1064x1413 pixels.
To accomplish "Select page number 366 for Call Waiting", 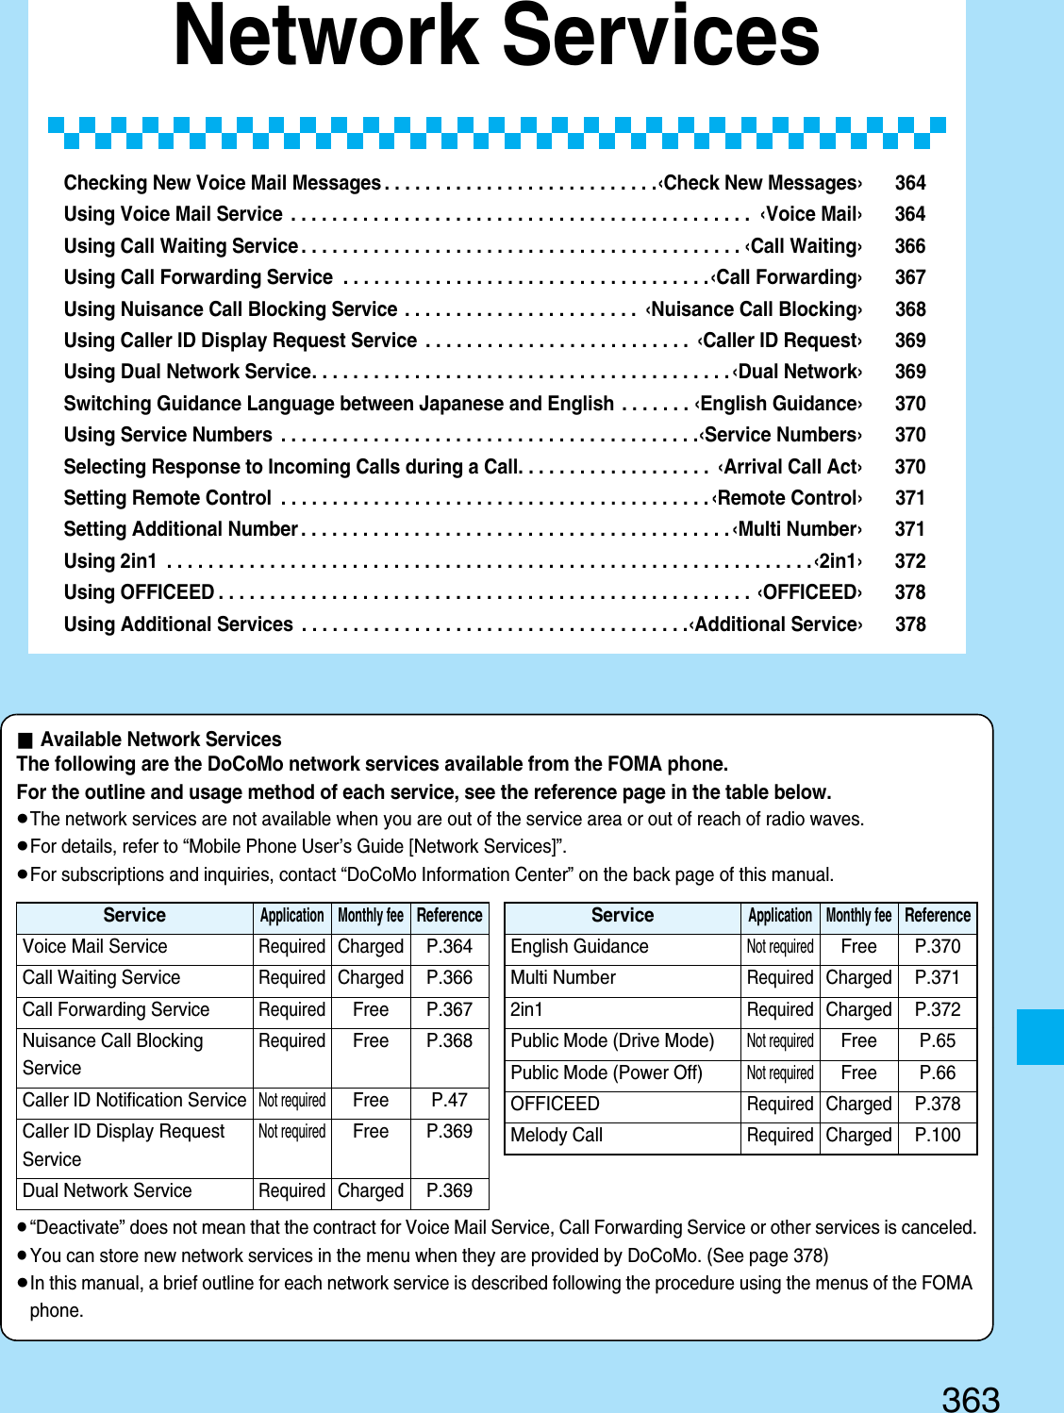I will tap(909, 246).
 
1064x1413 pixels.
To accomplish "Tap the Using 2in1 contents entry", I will tap(110, 561).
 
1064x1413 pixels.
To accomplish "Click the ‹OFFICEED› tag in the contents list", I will tap(809, 592).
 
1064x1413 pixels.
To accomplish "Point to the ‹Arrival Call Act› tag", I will tap(790, 467).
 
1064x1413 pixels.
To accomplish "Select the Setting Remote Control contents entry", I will tap(168, 498).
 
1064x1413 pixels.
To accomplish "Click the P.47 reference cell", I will tap(449, 1100).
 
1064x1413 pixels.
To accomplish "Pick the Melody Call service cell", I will tap(557, 1136).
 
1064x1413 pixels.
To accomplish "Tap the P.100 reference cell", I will tap(937, 1136).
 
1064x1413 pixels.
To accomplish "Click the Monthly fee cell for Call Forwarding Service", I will tap(371, 1009).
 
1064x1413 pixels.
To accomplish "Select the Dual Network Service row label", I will tap(108, 1191).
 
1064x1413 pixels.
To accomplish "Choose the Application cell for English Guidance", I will tap(779, 946).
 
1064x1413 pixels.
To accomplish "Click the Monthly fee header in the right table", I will tap(858, 915).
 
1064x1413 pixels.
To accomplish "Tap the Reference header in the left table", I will tap(449, 915).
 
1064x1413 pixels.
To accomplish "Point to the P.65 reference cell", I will tap(937, 1040).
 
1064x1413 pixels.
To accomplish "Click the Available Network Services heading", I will tap(160, 740).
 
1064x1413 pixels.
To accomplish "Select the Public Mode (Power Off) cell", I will tap(607, 1072).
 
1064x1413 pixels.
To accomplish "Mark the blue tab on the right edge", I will tap(1040, 1037).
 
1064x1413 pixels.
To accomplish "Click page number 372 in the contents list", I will tap(909, 561).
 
